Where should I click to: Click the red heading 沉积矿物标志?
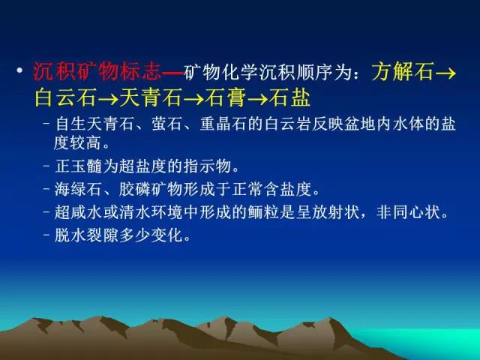click(x=97, y=72)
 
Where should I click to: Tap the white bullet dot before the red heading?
click(x=20, y=70)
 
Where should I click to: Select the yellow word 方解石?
click(x=403, y=72)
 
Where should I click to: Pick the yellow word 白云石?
click(x=65, y=97)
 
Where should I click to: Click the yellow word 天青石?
click(x=151, y=97)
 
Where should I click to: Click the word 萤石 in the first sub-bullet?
click(x=166, y=124)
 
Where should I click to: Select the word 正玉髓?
click(x=78, y=166)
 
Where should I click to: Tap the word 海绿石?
click(x=78, y=189)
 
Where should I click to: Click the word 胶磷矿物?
click(x=151, y=189)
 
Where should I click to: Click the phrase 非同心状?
click(x=408, y=212)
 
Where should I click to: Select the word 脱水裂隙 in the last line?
click(x=86, y=235)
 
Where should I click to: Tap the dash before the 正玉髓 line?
click(x=46, y=166)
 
